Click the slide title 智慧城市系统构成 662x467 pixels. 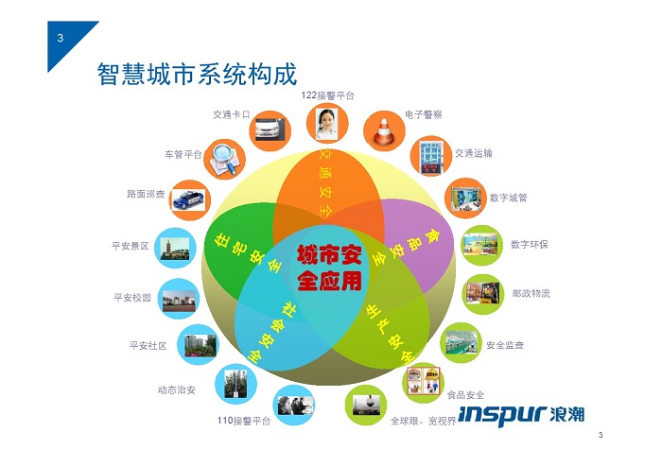pos(197,75)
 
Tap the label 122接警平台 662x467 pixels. pos(327,95)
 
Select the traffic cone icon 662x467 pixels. pos(384,131)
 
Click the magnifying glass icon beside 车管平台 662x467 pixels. pos(225,159)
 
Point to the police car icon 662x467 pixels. pos(189,200)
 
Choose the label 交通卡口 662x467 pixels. pos(232,114)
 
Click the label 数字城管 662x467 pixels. pos(509,198)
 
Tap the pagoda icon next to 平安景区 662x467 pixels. pos(175,248)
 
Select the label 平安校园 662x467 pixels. pos(132,298)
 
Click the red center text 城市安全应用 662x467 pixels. pos(329,268)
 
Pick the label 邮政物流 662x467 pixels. pos(531,293)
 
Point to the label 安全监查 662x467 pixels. pos(505,345)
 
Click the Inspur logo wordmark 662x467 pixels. pos(522,415)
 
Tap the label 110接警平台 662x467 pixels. pos(244,421)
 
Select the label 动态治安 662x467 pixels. pos(177,389)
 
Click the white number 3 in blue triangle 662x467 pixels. pos(61,38)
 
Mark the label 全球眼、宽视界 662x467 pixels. pos(424,421)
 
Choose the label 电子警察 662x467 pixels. pos(424,114)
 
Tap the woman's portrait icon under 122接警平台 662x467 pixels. pos(327,124)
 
